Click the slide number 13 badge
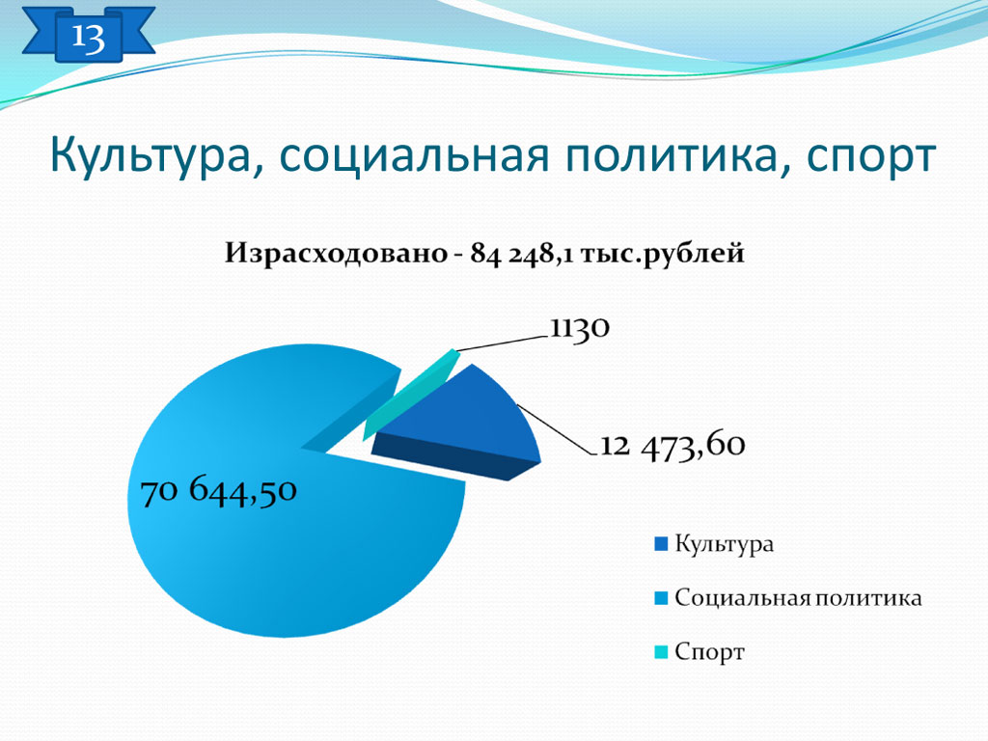pos(88,36)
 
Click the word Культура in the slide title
pos(151,156)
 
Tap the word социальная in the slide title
pos(414,155)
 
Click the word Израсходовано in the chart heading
pos(336,254)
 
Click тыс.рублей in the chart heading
pos(662,255)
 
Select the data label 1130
pos(580,328)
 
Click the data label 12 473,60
pos(672,446)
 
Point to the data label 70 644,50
pos(219,491)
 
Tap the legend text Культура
pos(724,544)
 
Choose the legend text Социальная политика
pos(798,598)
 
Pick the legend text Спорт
pos(709,652)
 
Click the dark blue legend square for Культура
pos(661,544)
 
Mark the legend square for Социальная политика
pos(661,598)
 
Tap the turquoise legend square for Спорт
pos(661,652)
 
